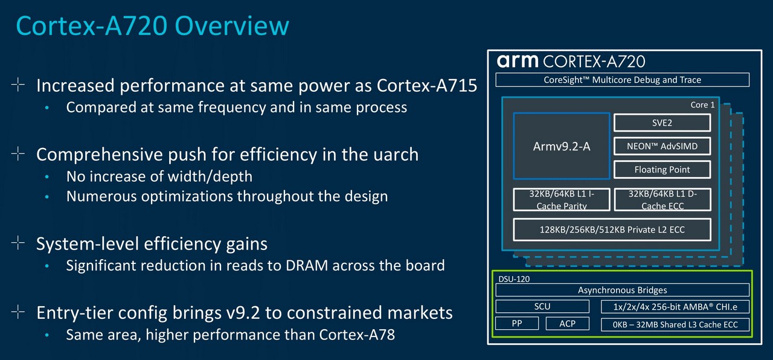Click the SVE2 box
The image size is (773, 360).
[662, 123]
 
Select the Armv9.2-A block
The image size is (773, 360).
[562, 146]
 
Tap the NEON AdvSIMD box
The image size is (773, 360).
[662, 146]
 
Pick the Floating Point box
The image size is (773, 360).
[662, 170]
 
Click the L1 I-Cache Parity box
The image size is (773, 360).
[562, 199]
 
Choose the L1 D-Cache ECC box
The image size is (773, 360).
[662, 199]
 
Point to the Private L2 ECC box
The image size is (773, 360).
[612, 230]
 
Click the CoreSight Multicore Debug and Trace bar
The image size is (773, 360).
[622, 80]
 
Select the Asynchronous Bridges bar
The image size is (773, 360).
[622, 290]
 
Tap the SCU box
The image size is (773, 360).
[542, 306]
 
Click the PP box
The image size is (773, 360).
[516, 323]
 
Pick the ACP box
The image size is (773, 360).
[567, 323]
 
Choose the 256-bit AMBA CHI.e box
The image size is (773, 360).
[675, 306]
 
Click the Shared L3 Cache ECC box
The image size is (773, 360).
[675, 324]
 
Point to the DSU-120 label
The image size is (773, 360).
[514, 279]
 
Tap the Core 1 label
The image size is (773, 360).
[702, 105]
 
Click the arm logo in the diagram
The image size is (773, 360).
[518, 61]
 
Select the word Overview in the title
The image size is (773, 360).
[232, 25]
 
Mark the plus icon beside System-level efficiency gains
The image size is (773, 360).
[18, 243]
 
